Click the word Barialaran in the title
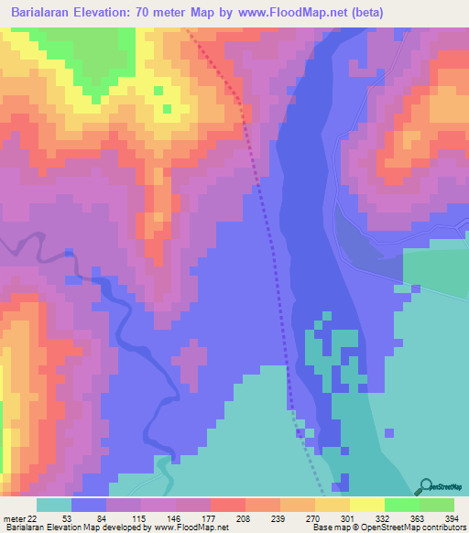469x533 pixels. [x=44, y=13]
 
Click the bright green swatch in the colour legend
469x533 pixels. [x=402, y=505]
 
